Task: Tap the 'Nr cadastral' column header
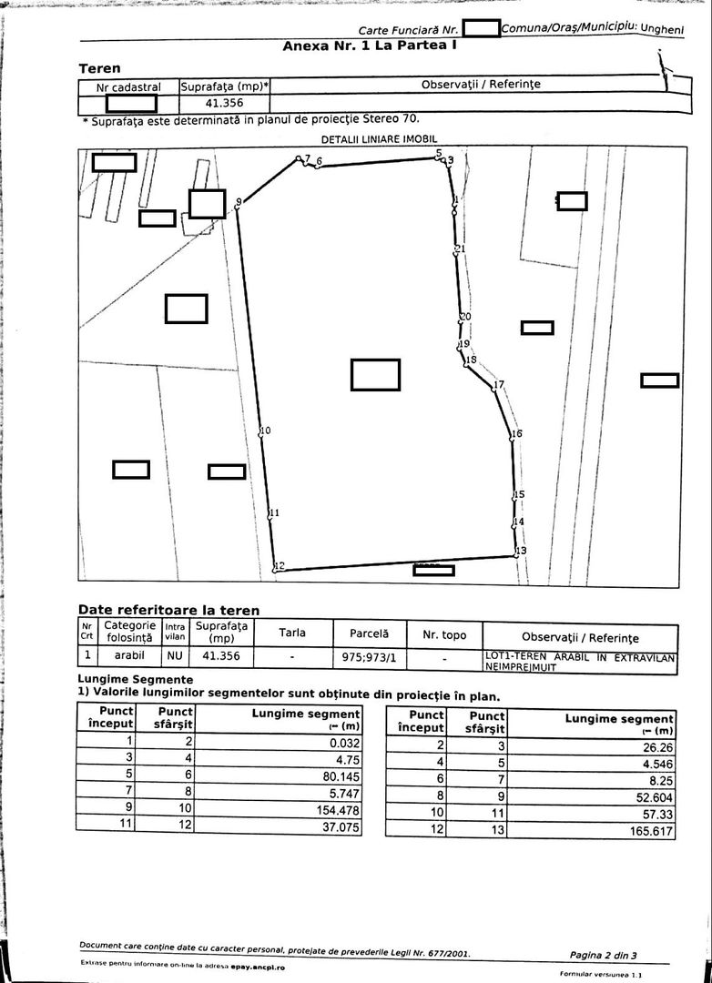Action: pyautogui.click(x=128, y=87)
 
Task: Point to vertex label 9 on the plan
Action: pyautogui.click(x=239, y=201)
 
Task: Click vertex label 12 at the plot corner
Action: pyautogui.click(x=280, y=566)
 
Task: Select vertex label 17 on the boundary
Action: pyautogui.click(x=498, y=386)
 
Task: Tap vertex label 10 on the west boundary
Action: pyautogui.click(x=265, y=431)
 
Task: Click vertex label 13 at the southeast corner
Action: pyautogui.click(x=521, y=552)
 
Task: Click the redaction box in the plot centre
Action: pyautogui.click(x=375, y=375)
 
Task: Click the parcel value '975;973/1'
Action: pyautogui.click(x=369, y=654)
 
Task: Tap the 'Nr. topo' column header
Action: pyautogui.click(x=443, y=634)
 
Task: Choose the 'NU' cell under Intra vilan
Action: pyautogui.click(x=175, y=654)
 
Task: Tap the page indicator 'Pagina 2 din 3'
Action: pyautogui.click(x=603, y=955)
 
